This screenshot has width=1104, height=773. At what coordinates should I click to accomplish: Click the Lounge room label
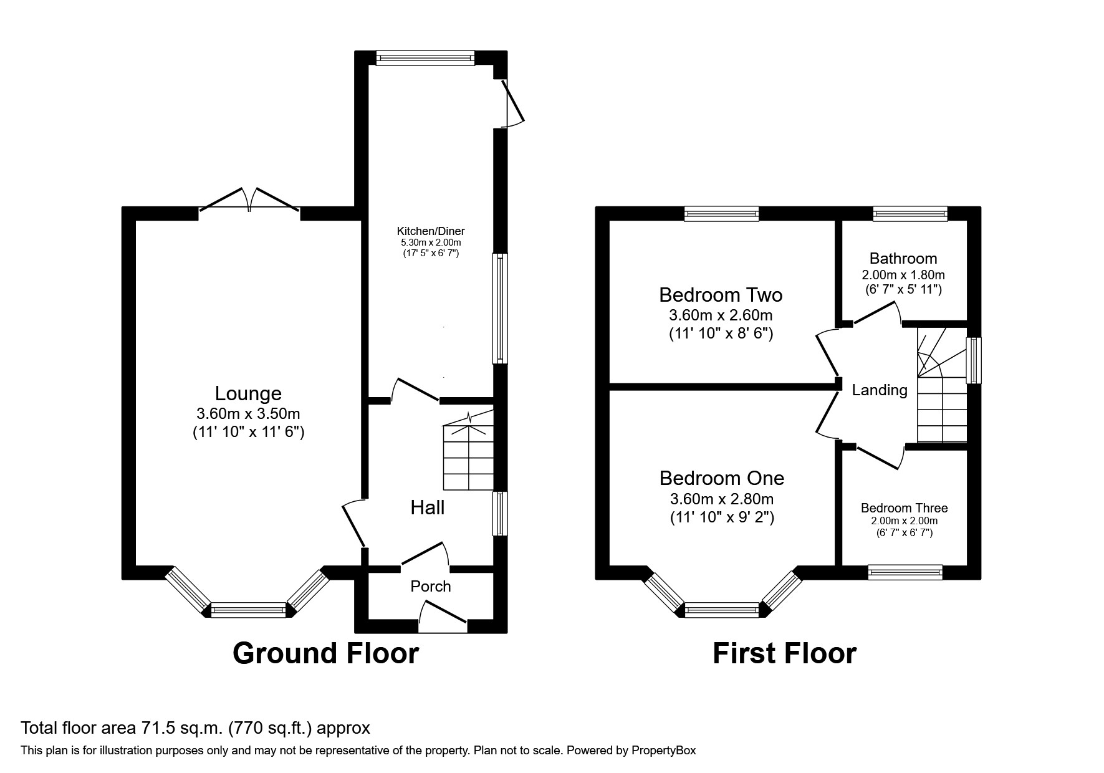click(248, 393)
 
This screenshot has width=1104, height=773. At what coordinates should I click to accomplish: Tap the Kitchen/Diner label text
click(431, 231)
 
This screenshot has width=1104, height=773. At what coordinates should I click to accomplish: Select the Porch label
click(430, 586)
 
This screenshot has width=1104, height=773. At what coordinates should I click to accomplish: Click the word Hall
click(428, 507)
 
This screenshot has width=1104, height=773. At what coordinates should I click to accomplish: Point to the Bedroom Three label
click(904, 508)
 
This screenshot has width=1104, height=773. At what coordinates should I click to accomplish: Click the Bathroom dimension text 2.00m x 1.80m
click(903, 274)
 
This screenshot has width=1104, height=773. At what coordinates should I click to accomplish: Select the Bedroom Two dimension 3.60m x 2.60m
click(721, 315)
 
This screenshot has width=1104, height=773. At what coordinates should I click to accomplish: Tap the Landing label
click(880, 390)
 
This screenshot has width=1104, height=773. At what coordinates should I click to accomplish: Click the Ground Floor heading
click(325, 653)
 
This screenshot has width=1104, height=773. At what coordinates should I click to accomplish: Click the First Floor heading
click(784, 653)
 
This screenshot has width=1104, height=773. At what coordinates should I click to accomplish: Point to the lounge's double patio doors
click(249, 199)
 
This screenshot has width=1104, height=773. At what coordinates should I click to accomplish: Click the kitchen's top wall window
click(425, 58)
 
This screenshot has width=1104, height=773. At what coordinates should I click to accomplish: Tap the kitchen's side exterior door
click(511, 103)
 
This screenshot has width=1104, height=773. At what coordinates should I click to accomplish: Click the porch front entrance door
click(443, 617)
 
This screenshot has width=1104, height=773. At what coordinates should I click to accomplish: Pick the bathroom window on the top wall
click(910, 214)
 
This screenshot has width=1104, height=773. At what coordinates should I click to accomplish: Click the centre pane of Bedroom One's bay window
click(722, 610)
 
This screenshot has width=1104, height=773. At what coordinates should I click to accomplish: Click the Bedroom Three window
click(905, 572)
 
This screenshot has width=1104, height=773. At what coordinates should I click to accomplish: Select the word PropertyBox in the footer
click(663, 751)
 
